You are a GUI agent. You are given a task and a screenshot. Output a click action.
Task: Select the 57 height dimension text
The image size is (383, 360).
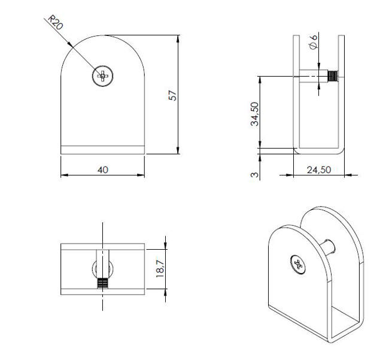173,95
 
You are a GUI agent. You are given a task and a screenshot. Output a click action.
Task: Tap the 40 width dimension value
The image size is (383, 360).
102,170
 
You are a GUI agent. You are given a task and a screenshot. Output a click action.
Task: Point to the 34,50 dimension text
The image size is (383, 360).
254,114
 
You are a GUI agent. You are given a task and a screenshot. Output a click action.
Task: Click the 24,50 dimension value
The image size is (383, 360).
318,170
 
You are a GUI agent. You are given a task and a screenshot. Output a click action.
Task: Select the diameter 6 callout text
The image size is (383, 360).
314,44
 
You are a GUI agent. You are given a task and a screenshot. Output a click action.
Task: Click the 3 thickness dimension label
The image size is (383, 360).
254,174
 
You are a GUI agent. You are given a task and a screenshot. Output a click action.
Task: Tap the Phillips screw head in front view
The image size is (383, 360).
103,75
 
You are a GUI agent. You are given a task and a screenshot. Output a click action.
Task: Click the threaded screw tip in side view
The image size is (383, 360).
333,76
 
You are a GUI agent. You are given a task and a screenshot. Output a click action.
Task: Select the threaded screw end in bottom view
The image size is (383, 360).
103,283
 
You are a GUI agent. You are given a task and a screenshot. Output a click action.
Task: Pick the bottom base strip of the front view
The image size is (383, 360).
103,150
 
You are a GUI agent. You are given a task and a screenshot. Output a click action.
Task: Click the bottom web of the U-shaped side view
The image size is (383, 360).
318,150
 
